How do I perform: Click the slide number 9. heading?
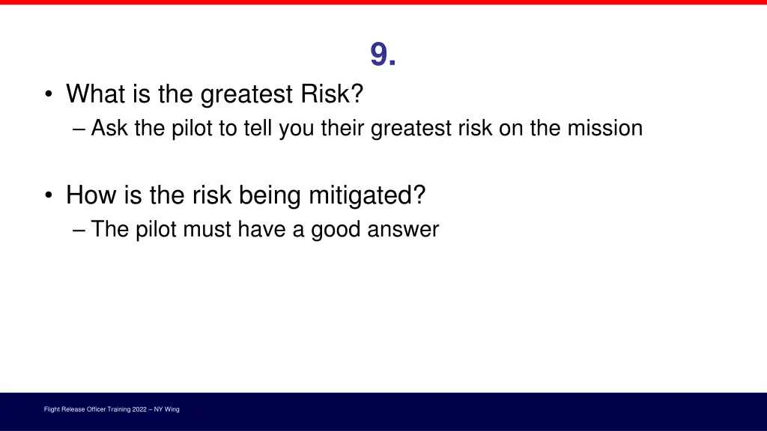pyautogui.click(x=383, y=55)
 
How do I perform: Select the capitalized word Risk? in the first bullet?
pyautogui.click(x=332, y=94)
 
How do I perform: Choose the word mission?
pyautogui.click(x=604, y=129)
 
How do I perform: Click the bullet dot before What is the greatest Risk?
pyautogui.click(x=49, y=95)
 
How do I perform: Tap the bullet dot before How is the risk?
pyautogui.click(x=49, y=196)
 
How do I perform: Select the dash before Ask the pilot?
pyautogui.click(x=80, y=129)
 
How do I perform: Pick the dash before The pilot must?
pyautogui.click(x=80, y=229)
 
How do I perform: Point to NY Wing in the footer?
pyautogui.click(x=167, y=409)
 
